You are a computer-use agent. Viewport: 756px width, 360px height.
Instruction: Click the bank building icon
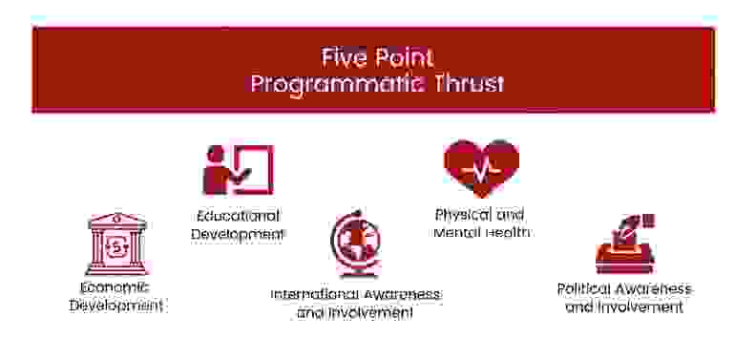117,244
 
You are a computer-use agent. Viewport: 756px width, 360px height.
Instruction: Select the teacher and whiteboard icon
238,170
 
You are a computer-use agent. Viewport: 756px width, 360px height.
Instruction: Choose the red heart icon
481,167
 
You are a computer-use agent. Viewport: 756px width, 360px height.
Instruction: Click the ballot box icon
624,244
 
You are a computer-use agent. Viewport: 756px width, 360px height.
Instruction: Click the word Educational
239,215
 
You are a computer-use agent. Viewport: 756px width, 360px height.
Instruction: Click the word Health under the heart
506,232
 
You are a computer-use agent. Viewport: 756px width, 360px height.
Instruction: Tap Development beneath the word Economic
114,306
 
